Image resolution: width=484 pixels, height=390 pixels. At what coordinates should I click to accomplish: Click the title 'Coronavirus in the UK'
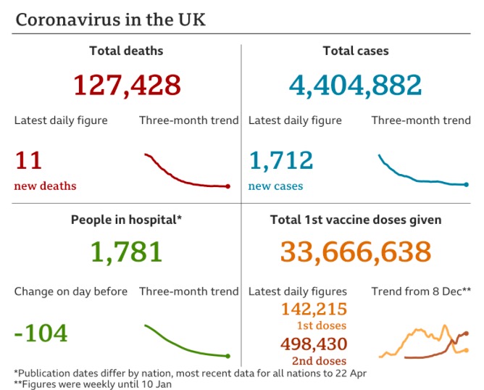tap(110, 20)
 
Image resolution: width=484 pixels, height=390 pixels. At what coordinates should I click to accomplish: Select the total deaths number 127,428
tap(127, 85)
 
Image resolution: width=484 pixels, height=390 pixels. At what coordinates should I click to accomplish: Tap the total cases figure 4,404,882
tap(355, 85)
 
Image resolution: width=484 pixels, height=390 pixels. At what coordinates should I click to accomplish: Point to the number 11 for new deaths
tap(28, 160)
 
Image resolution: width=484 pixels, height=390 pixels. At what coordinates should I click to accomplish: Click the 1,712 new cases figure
tap(280, 160)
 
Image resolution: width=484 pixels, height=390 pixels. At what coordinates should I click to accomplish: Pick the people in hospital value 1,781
tap(127, 252)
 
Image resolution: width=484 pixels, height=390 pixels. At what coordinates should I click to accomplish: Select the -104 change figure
tap(41, 333)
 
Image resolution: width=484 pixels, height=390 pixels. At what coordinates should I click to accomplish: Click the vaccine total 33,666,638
tap(355, 252)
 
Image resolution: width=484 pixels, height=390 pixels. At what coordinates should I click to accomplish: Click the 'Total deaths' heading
tap(126, 51)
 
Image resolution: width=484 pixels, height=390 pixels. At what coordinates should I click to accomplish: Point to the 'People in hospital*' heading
tap(126, 219)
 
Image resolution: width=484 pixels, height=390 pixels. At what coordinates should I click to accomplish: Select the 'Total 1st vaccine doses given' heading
tap(356, 219)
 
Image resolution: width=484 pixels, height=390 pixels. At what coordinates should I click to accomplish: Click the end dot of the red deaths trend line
tap(228, 186)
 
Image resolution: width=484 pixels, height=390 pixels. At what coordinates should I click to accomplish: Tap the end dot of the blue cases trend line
tap(467, 184)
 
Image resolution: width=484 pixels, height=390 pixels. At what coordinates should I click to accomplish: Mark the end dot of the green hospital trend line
tap(228, 355)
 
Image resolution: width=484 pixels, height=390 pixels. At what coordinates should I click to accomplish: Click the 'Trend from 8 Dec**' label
tap(421, 291)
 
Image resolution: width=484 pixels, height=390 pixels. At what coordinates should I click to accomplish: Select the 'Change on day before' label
tap(71, 291)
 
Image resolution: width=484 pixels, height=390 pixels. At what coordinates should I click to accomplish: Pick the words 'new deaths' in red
tap(45, 186)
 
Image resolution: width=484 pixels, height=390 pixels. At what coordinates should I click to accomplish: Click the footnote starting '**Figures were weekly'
tap(93, 384)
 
